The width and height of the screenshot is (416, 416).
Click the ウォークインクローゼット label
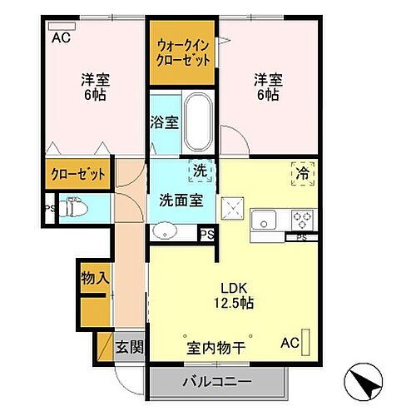coord(183,52)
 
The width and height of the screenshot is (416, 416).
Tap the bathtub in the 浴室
coord(197,121)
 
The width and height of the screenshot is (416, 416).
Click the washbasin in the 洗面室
coord(164,230)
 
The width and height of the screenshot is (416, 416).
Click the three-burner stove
coord(301,220)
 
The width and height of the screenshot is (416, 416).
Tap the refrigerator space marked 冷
coord(302,174)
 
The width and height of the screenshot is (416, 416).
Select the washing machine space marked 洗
coord(200,170)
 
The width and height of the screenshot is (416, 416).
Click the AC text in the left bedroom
coord(62,37)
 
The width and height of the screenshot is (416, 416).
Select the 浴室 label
coord(164,122)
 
